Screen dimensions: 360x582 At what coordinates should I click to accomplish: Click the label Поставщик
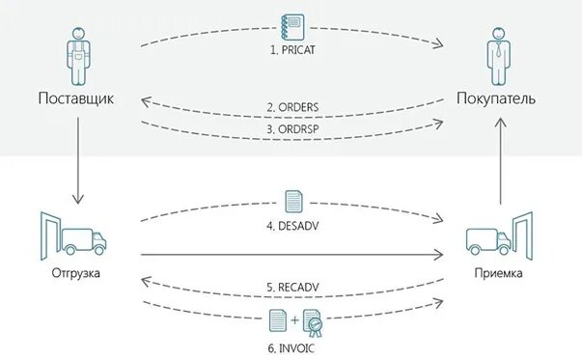74,97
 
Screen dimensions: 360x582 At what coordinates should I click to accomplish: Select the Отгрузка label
74,273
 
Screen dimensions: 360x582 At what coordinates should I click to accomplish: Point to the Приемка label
499,273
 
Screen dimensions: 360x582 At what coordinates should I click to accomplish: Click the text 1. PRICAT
292,47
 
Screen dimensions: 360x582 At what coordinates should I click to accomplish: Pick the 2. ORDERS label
292,106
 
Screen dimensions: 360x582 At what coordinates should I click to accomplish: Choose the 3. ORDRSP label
292,128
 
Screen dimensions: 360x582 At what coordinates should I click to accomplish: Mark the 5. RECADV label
292,287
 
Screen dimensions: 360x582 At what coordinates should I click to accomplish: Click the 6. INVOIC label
292,345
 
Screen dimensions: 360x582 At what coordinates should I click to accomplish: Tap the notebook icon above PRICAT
292,24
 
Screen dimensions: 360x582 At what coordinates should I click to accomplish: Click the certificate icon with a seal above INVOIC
313,322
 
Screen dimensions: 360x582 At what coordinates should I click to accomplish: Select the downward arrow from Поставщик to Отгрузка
74,155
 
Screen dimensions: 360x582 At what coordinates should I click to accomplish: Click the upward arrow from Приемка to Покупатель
499,155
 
